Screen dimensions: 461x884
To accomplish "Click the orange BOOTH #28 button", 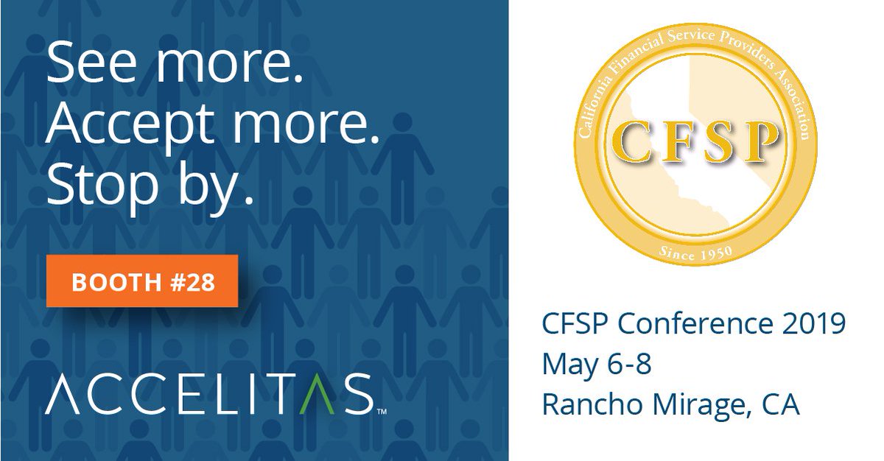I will pos(142,281).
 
